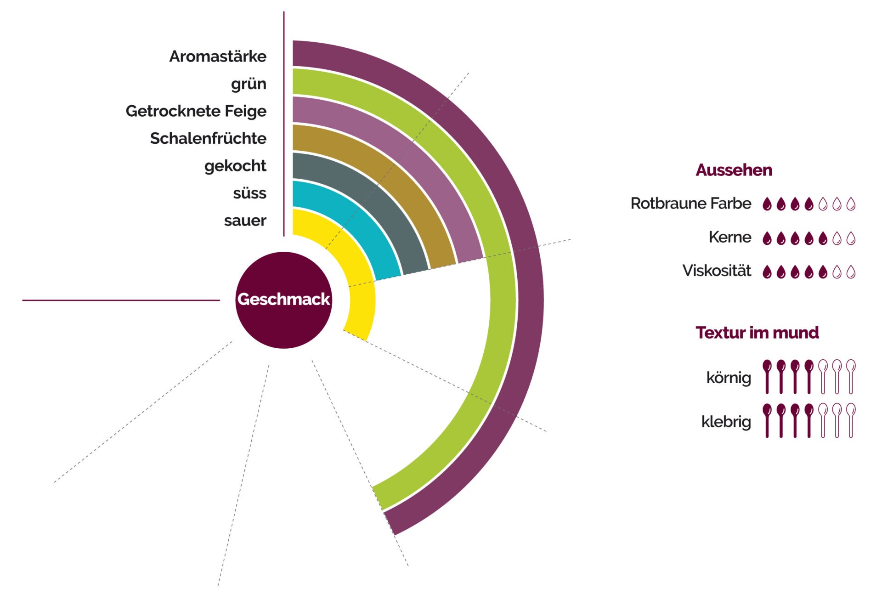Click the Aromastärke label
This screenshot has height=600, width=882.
[x=218, y=57]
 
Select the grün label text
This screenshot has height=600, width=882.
[x=249, y=84]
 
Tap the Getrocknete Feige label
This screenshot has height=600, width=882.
[x=196, y=111]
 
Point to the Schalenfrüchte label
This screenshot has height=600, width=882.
[x=208, y=138]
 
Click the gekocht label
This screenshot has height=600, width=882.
[x=235, y=166]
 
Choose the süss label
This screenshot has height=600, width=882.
[x=249, y=193]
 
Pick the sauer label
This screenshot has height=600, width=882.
[x=245, y=221]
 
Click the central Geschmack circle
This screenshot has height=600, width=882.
[x=283, y=300]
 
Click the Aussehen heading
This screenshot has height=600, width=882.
[x=734, y=170]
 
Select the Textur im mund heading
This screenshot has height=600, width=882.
[x=757, y=333]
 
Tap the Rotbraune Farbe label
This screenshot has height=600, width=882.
[x=690, y=204]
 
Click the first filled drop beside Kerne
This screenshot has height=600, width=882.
[x=767, y=238]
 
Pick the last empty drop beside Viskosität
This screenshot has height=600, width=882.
[x=851, y=272]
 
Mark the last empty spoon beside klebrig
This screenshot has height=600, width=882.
[x=851, y=420]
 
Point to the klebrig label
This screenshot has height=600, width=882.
[x=726, y=421]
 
